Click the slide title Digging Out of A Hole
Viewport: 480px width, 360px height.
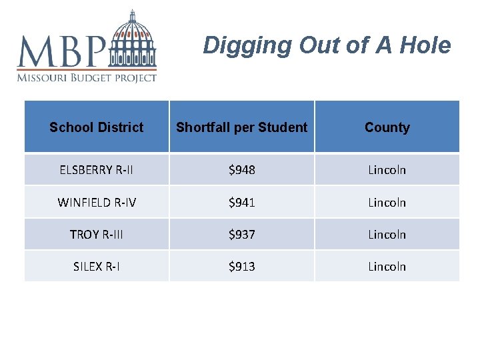pos(327,45)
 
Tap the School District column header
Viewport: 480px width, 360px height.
pos(97,127)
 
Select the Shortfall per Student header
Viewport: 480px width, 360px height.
pos(242,127)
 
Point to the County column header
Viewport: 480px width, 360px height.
pos(387,127)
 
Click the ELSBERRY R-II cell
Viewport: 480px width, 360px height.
pos(97,170)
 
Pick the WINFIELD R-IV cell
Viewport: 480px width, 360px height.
pos(97,202)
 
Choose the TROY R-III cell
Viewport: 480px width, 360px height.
pos(97,234)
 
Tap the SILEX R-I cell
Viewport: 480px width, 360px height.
pos(97,266)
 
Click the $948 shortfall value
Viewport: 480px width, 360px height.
pos(242,170)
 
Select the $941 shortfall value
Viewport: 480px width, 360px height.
pos(242,202)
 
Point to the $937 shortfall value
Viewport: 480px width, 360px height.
pos(242,234)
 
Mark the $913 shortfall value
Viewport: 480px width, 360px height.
pos(242,266)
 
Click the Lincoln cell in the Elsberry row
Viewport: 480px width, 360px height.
pos(387,170)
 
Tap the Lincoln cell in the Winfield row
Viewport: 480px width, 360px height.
pos(387,202)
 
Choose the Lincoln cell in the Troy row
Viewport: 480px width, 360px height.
pos(387,234)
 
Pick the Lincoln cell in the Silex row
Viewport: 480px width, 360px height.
pos(387,266)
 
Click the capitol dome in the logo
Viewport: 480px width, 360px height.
pos(134,39)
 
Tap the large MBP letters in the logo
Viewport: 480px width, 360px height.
pos(61,50)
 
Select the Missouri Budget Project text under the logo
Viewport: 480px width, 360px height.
pos(87,77)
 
